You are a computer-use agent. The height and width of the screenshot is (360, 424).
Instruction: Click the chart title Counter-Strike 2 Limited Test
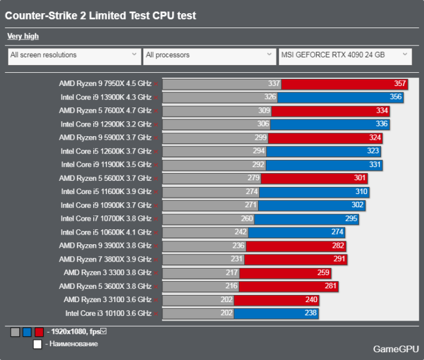(100, 16)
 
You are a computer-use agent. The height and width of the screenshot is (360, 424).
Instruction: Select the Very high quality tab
(23, 36)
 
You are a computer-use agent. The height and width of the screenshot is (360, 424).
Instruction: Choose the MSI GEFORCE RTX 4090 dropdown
(345, 56)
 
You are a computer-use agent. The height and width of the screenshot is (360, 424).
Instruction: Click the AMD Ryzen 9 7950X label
(105, 84)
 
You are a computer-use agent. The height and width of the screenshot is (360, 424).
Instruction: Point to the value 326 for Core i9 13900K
(270, 97)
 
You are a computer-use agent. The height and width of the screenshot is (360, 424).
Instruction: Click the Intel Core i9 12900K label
(106, 124)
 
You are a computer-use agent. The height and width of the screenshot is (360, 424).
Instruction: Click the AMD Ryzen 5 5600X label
(105, 178)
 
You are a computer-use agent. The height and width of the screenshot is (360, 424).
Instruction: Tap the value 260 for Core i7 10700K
(247, 219)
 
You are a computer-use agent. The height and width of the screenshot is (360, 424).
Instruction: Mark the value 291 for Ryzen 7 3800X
(340, 259)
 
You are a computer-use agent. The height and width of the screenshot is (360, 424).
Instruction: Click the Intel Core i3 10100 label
(107, 313)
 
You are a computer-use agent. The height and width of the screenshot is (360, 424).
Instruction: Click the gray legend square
(15, 332)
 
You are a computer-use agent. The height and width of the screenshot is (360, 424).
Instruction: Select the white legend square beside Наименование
(38, 344)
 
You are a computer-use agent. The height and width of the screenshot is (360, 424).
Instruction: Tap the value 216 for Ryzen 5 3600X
(231, 286)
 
